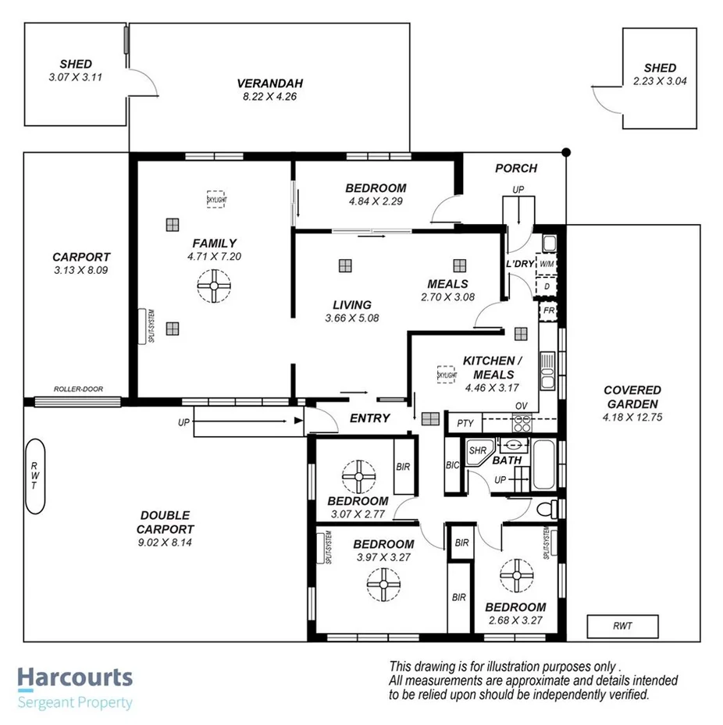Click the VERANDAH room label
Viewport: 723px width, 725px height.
(x=269, y=84)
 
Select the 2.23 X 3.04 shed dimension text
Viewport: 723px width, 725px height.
(x=660, y=80)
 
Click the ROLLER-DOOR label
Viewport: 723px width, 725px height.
(x=78, y=389)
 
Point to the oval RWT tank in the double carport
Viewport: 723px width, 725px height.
(x=36, y=476)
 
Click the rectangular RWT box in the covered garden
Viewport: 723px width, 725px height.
(x=622, y=625)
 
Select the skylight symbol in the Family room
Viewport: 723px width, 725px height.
(x=215, y=199)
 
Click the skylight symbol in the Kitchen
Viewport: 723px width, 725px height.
(x=447, y=375)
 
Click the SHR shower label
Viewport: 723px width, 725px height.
(x=476, y=450)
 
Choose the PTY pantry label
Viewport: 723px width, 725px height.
(x=465, y=424)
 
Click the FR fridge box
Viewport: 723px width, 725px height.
(x=549, y=311)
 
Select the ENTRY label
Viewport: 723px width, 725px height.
(x=369, y=418)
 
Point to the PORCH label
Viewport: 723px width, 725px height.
(x=516, y=168)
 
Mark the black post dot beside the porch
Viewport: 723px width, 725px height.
(x=567, y=151)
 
